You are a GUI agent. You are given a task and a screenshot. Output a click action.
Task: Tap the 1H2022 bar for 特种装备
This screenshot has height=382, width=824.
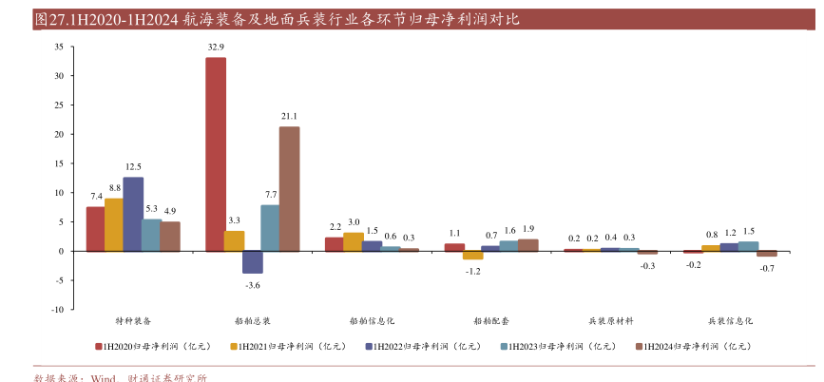coord(133,214)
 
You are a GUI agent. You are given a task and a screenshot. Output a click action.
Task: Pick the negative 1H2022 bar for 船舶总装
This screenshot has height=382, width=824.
coord(253,261)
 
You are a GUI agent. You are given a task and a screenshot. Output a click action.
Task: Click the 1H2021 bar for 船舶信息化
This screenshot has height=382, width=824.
coord(353,241)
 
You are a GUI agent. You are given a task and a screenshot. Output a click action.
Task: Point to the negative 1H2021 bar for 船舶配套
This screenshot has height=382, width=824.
coord(472,255)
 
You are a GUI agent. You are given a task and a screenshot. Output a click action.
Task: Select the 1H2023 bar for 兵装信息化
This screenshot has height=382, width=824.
coord(748,246)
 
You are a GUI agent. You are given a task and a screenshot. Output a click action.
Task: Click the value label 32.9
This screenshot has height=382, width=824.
coord(216,47)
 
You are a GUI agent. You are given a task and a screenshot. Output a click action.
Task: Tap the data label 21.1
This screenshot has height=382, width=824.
coord(289,116)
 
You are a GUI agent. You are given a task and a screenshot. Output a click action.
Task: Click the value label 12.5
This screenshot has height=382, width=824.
coord(133,166)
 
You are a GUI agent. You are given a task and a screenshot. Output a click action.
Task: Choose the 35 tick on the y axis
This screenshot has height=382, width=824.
coord(58,47)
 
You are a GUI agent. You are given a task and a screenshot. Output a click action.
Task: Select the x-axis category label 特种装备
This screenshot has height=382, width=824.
coord(133,321)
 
